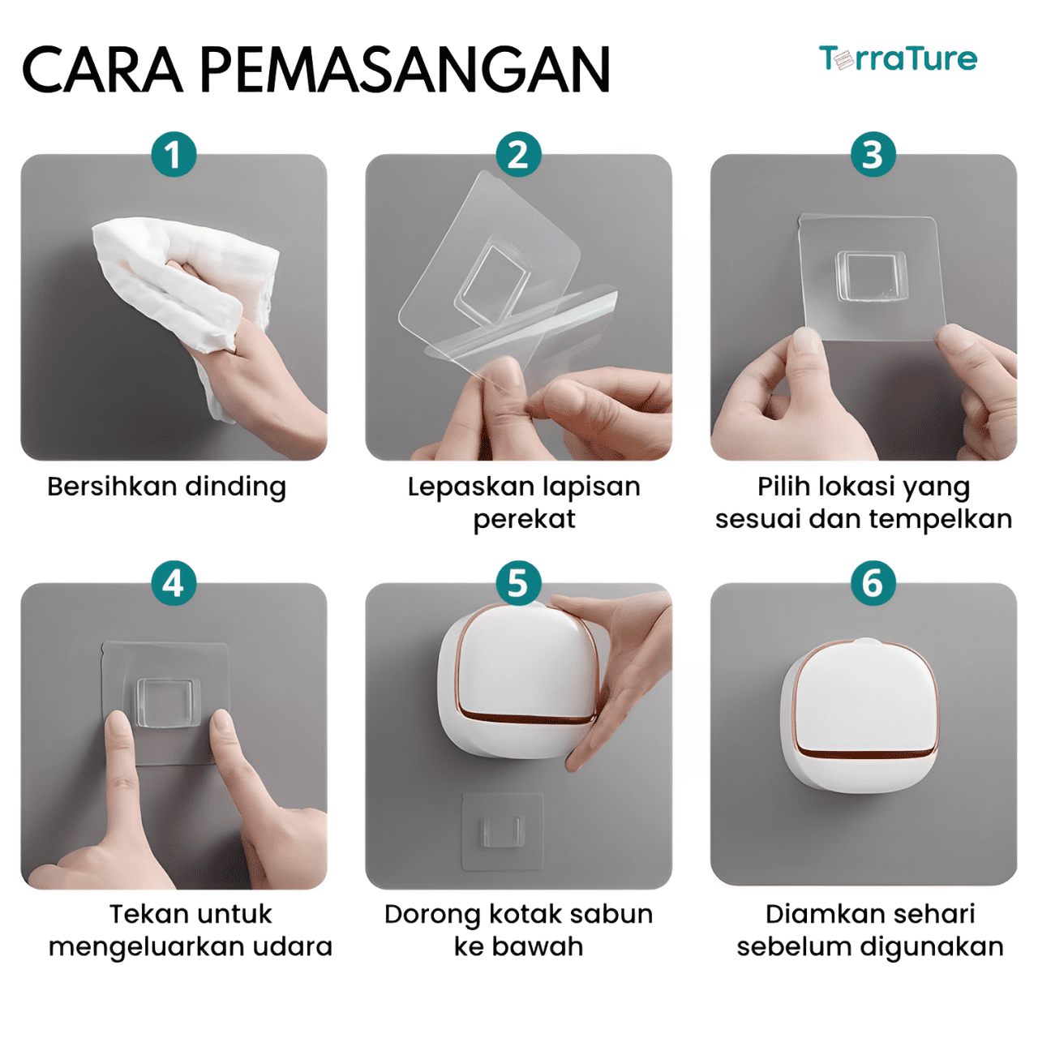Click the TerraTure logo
[898, 58]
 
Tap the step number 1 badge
[174, 155]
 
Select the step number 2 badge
[518, 155]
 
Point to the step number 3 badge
[873, 155]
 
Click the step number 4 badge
[174, 583]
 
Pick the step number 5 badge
[518, 583]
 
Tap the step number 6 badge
[873, 583]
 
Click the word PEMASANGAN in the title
[405, 70]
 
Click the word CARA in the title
[102, 70]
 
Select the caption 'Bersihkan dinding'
[166, 487]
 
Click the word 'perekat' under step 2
[524, 519]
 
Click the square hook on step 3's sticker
[870, 276]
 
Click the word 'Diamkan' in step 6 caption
[818, 914]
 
